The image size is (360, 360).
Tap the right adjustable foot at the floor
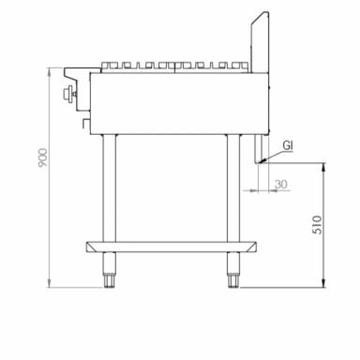coord(232,277)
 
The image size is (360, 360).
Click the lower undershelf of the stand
coord(169,247)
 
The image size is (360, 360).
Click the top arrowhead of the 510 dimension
coord(323,167)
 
